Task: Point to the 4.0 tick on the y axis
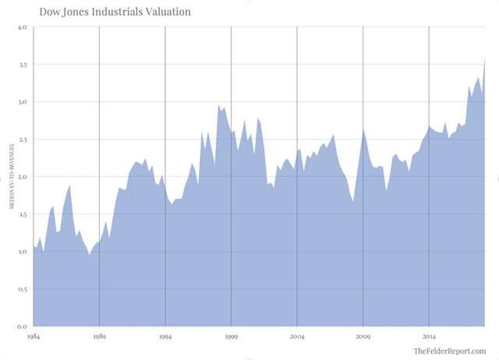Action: point(22,27)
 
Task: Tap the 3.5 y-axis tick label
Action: point(22,65)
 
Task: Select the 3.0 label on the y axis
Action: point(22,102)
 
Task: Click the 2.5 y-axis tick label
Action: point(22,139)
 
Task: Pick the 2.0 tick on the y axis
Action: point(22,177)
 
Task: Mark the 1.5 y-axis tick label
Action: point(22,214)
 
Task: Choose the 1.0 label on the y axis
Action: point(22,252)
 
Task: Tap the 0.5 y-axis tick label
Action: point(22,289)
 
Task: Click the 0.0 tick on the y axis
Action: point(22,326)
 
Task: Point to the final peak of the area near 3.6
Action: point(485,58)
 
